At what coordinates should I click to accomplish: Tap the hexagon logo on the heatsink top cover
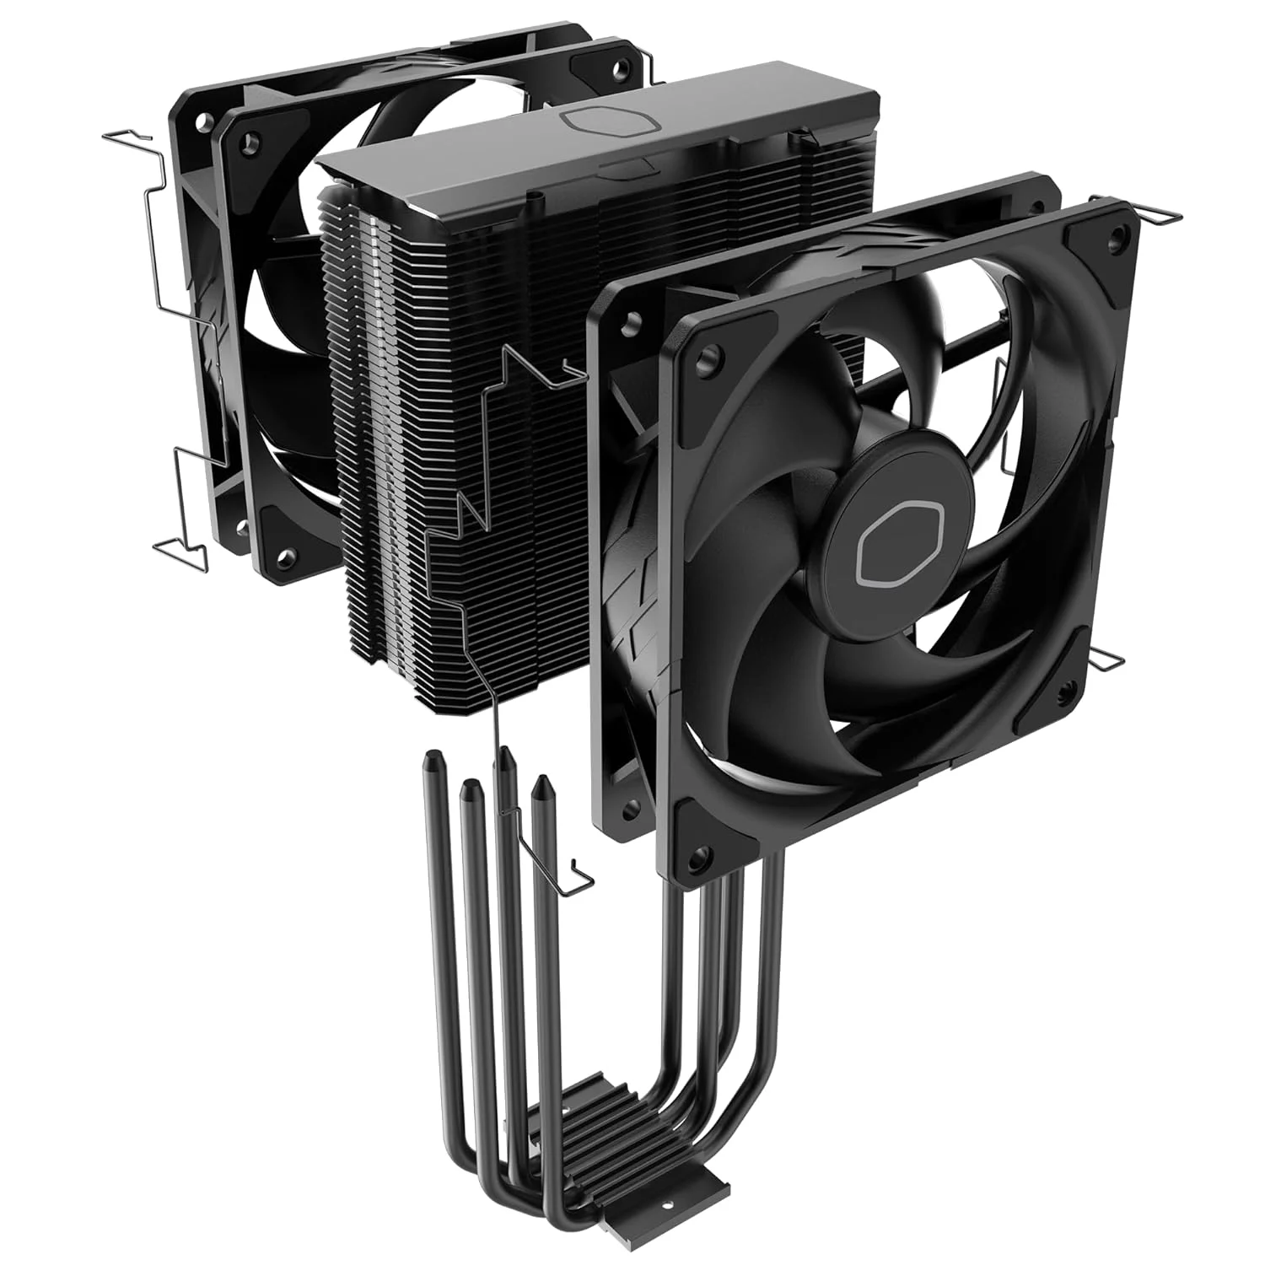click(x=606, y=120)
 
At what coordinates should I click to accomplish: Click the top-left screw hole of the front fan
click(x=707, y=358)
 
